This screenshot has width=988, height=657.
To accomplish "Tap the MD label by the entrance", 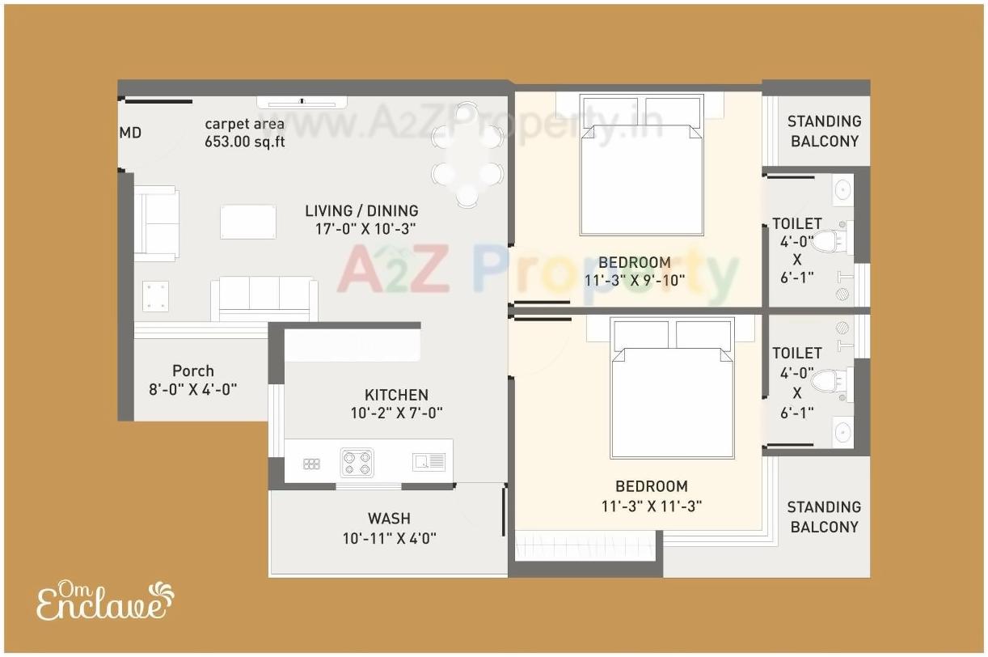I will (x=130, y=133).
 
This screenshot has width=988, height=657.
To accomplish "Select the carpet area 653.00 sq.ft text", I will (x=244, y=133).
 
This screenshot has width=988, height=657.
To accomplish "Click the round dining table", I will (x=467, y=155).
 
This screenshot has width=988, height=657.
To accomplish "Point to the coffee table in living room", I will (x=248, y=222).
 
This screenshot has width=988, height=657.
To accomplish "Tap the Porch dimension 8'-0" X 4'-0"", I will (x=193, y=389).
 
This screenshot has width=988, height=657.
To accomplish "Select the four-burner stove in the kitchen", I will (x=357, y=462).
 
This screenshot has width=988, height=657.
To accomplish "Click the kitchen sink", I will (x=429, y=462).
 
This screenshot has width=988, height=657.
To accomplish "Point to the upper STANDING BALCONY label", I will (x=824, y=131).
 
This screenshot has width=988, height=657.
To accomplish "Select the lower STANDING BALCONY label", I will (x=824, y=517).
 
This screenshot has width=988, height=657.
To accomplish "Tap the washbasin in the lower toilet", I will (x=842, y=431).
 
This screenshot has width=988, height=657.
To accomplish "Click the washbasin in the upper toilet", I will (x=842, y=190).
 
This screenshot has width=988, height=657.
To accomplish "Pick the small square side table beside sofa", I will (x=155, y=295).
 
